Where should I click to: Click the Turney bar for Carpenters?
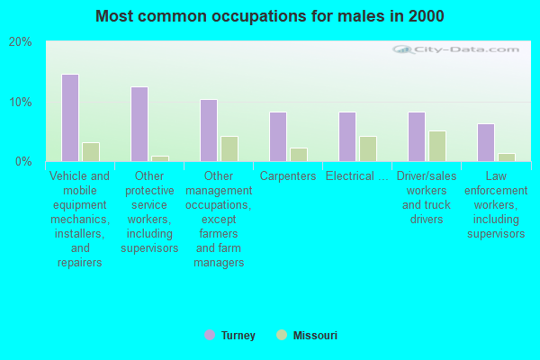coord(278,137)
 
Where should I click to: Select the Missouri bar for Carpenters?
coord(299,155)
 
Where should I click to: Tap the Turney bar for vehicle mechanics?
coord(70,118)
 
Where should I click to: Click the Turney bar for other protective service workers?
coord(139,124)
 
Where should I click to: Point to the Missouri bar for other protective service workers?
coord(160,158)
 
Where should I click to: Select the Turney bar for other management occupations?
coord(209,130)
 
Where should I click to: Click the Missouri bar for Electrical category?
coord(368,149)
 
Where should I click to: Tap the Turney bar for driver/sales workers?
coord(417,137)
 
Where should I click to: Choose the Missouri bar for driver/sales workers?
coord(437,147)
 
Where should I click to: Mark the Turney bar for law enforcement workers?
coord(486,142)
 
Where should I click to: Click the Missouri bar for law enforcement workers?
coord(507,157)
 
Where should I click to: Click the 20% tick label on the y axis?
coord(21,42)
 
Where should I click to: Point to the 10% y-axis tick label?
coord(21,102)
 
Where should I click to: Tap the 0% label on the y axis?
coord(23,162)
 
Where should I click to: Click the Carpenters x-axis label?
coord(288,176)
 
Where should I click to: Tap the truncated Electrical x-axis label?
coord(357,176)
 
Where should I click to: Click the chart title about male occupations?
coord(270,16)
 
